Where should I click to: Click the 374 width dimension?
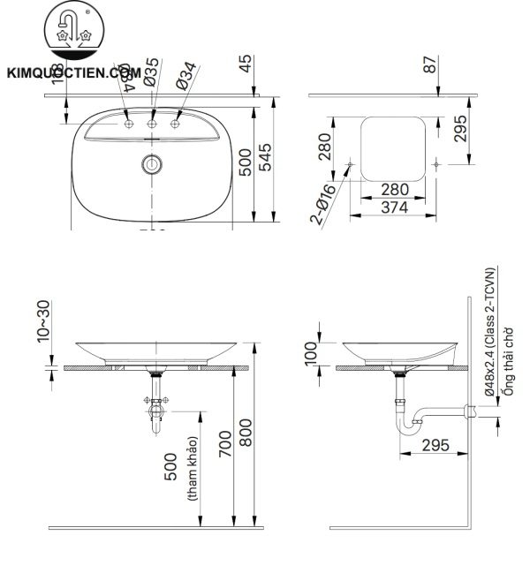394,207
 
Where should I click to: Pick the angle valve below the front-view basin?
156,408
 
